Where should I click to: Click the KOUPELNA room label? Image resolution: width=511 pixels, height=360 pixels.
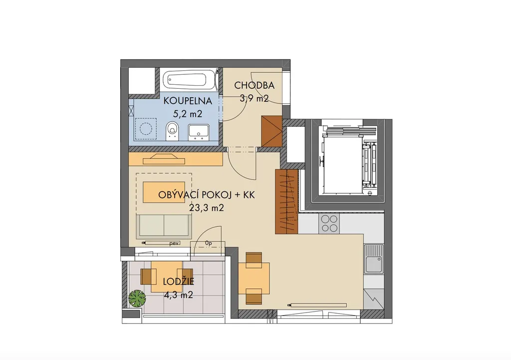[188, 101]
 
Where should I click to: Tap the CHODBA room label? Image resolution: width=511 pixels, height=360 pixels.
[254, 85]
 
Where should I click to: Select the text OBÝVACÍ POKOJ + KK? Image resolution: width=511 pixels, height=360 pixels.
[206, 195]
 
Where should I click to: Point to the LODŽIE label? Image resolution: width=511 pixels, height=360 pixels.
[178, 282]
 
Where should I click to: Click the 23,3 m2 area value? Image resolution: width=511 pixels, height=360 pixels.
[207, 207]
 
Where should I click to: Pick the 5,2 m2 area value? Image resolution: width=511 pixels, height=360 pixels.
[188, 114]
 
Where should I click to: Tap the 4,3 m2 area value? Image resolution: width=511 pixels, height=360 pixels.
[178, 295]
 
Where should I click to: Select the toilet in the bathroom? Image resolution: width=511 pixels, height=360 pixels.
[172, 131]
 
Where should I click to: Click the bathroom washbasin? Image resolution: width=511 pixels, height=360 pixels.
[199, 132]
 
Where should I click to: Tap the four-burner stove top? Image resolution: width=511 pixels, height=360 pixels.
[329, 223]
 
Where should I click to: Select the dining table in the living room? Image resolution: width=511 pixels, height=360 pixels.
[254, 278]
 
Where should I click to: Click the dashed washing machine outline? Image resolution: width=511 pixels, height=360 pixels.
[146, 129]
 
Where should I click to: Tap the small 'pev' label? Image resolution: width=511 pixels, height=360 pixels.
[175, 243]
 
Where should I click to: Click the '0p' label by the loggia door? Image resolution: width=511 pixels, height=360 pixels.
[209, 243]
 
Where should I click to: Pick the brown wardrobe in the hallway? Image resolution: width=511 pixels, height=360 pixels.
[271, 131]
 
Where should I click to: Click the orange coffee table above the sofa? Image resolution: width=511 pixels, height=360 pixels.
[164, 192]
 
